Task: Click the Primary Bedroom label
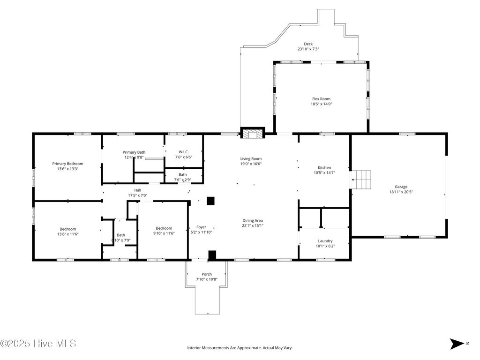(67, 164)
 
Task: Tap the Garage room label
(401, 187)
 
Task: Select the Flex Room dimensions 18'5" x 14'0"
(322, 104)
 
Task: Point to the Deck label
(308, 44)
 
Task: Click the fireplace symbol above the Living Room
(253, 134)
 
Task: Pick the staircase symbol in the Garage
(361, 179)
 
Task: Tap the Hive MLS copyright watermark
(38, 344)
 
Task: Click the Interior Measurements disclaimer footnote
(240, 348)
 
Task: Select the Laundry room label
(325, 241)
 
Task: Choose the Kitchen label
(324, 168)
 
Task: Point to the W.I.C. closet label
(183, 152)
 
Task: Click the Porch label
(207, 274)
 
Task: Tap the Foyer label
(201, 227)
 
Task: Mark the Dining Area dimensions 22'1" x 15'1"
(253, 226)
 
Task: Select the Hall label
(138, 190)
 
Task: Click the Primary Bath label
(134, 152)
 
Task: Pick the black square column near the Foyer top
(210, 201)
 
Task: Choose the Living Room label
(251, 158)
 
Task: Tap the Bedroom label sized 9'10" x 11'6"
(164, 228)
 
